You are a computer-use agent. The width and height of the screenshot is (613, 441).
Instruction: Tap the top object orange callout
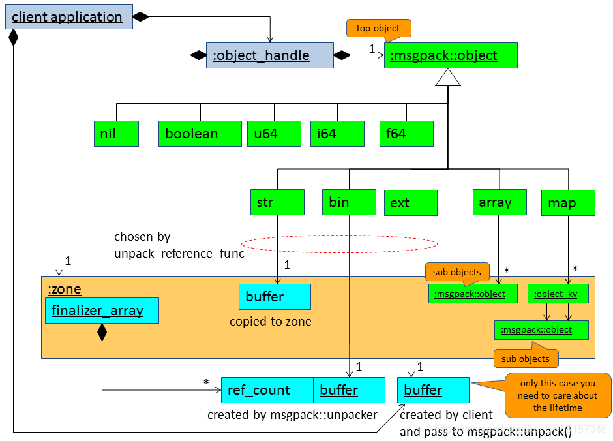coord(378,29)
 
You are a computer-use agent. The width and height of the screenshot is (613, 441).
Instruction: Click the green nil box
coord(116,134)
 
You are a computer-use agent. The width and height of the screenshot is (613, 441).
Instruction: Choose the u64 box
coord(274,134)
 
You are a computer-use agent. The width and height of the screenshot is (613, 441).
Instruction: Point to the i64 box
coord(336,134)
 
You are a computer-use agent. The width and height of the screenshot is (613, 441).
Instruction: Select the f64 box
coord(406,134)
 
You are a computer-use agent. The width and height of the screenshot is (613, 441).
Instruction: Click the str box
coord(277,202)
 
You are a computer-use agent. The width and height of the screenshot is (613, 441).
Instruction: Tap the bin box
coord(349,202)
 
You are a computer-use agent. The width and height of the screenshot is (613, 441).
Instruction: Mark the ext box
coord(410,203)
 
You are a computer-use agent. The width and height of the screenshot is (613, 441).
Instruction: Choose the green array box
coord(500,202)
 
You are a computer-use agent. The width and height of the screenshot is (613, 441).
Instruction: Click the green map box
coord(568,203)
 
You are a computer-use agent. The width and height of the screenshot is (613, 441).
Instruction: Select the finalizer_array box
coord(102,311)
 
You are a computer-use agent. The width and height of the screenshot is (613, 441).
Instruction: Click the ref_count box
coord(267,390)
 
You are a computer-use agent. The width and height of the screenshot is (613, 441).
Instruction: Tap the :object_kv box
coord(557,294)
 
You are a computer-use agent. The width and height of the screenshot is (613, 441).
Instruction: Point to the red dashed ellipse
coord(339,244)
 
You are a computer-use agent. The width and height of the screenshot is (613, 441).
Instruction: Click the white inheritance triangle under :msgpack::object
coord(448,78)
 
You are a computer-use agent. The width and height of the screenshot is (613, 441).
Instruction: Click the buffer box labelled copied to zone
coord(275,297)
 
